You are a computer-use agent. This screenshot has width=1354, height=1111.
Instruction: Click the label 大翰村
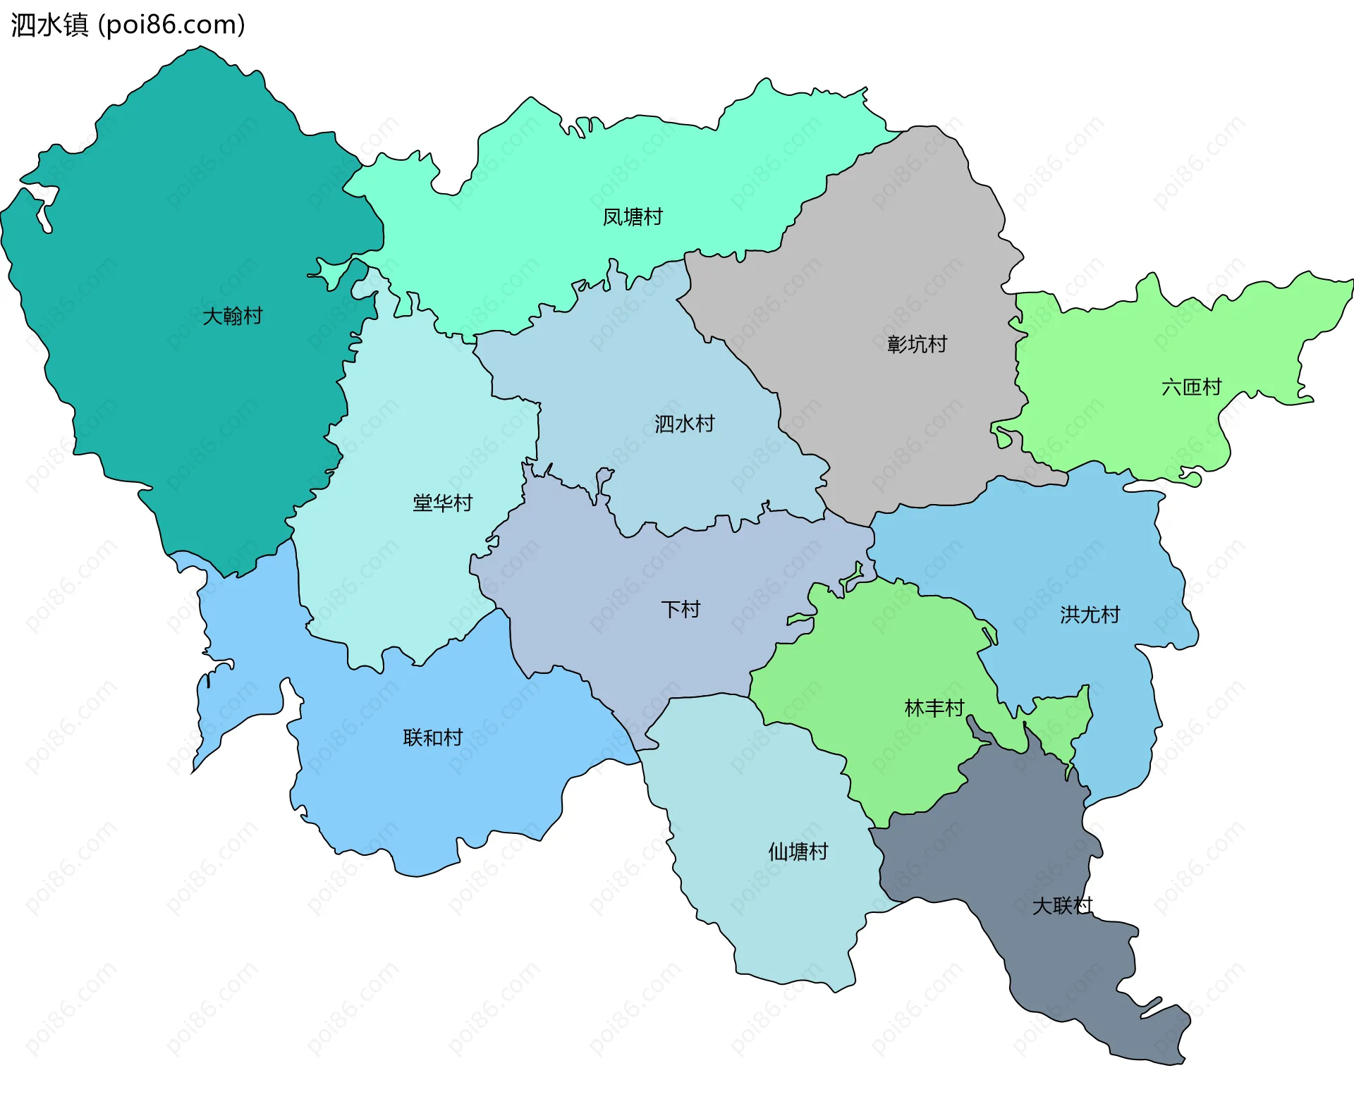[x=232, y=316]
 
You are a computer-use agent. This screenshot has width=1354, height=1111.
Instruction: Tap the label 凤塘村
[x=633, y=217]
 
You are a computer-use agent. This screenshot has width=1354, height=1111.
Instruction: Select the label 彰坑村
[x=917, y=345]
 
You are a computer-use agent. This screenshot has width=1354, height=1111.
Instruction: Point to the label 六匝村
[x=1191, y=387]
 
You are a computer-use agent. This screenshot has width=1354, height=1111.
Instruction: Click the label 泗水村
[x=684, y=424]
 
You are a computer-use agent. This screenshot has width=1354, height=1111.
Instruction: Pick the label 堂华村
[x=442, y=503]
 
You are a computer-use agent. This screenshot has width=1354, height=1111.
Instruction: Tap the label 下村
[x=681, y=609]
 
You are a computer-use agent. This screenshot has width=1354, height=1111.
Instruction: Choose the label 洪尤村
[x=1090, y=615]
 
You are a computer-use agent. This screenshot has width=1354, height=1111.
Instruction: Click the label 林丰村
[x=934, y=708]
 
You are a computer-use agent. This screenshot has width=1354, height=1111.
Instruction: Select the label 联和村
[x=432, y=738]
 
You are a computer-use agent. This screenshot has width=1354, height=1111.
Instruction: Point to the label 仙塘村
[x=798, y=852]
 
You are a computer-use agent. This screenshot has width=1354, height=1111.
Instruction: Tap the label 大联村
[x=1062, y=906]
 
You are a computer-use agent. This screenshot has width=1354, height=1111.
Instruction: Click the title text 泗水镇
[x=49, y=25]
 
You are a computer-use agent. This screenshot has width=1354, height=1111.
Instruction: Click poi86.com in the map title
[x=171, y=25]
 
